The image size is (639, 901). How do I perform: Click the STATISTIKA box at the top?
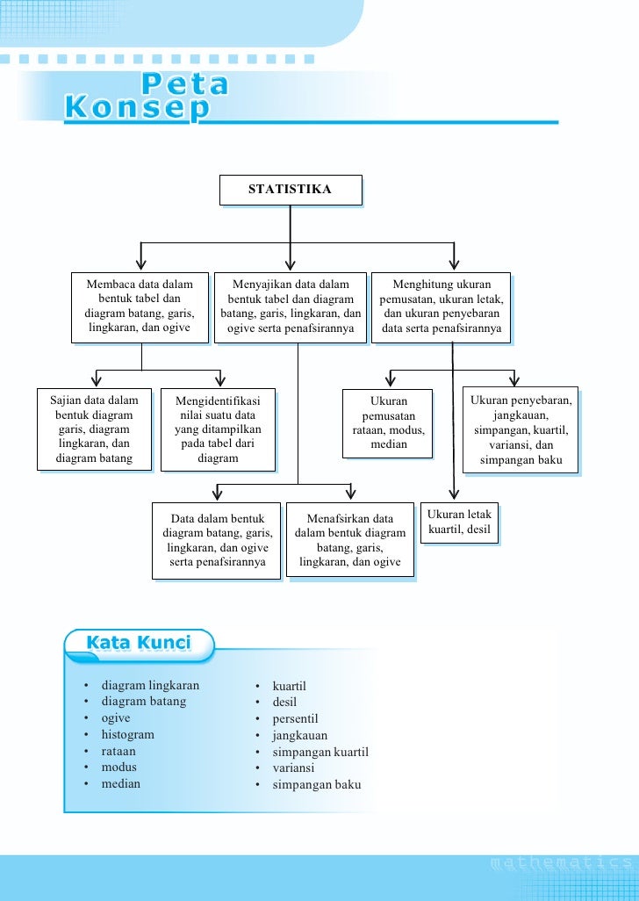[290, 190]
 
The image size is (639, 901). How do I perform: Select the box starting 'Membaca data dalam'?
[140, 307]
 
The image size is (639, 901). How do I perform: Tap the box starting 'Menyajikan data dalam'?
[291, 307]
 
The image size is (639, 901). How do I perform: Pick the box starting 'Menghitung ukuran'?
[442, 307]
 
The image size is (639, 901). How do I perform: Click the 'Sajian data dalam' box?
[94, 429]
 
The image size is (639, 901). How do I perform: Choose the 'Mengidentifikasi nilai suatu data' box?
[218, 429]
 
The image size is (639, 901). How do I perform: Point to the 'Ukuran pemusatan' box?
[388, 423]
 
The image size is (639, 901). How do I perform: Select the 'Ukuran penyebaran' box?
[521, 429]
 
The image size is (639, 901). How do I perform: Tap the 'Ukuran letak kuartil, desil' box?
[459, 523]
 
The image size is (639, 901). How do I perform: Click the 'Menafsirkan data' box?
[350, 540]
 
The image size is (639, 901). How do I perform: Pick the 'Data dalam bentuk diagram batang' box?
[217, 540]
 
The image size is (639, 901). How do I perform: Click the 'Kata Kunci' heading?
[138, 644]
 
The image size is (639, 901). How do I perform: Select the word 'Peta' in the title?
[183, 85]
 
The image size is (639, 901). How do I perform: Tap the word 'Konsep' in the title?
[138, 109]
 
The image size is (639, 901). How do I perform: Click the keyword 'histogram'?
[127, 735]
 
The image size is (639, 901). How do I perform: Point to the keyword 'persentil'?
[295, 719]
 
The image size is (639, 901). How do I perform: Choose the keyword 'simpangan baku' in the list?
[316, 785]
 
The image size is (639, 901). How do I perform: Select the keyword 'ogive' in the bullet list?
[116, 718]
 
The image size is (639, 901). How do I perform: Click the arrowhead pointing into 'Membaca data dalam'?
[140, 264]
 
